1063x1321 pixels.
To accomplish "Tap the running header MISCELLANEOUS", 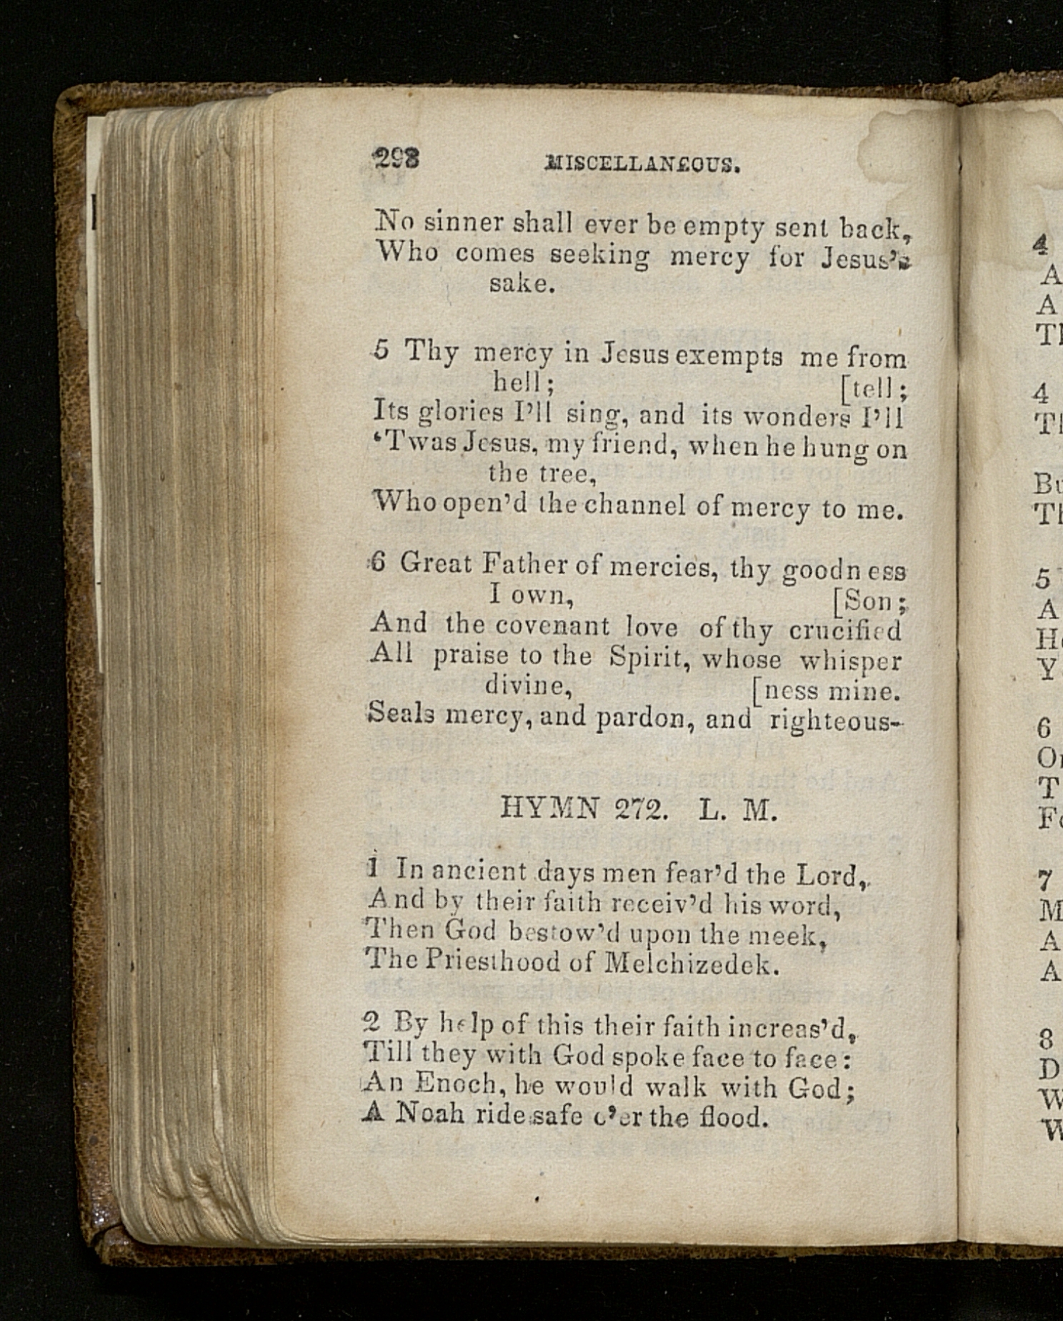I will click(642, 164).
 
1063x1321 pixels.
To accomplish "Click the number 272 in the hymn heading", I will click(641, 809).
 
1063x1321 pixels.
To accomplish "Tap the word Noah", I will click(429, 1113).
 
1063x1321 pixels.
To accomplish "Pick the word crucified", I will click(845, 630).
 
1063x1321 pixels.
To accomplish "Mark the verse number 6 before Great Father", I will click(378, 563).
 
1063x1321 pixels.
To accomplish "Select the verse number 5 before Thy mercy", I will click(382, 350).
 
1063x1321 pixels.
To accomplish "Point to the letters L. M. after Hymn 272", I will click(737, 811).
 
